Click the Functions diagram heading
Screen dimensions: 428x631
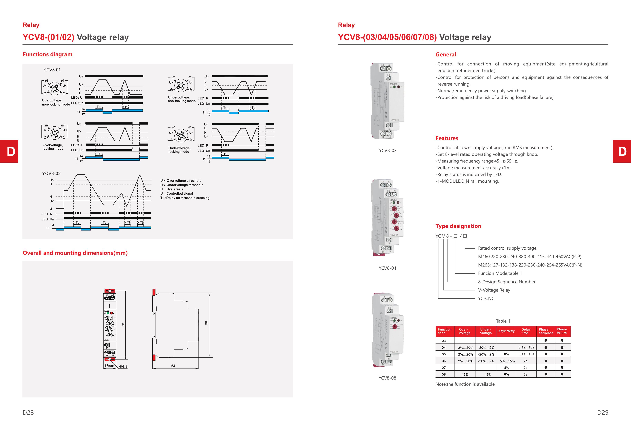(47, 54)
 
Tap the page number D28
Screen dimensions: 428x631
(28, 412)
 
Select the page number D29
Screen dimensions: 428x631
(603, 412)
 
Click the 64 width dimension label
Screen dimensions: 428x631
(173, 366)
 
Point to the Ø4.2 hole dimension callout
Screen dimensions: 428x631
(123, 366)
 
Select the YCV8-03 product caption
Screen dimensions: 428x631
(387, 151)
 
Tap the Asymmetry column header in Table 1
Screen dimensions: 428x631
(506, 331)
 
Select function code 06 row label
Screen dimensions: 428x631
(444, 361)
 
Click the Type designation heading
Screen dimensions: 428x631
(458, 226)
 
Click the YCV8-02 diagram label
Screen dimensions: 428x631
(51, 173)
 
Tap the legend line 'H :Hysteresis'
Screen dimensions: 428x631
(172, 189)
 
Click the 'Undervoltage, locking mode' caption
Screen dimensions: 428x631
(179, 150)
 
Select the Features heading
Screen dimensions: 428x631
(447, 138)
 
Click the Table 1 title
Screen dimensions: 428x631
(503, 321)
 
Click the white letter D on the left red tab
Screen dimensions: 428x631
(11, 151)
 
